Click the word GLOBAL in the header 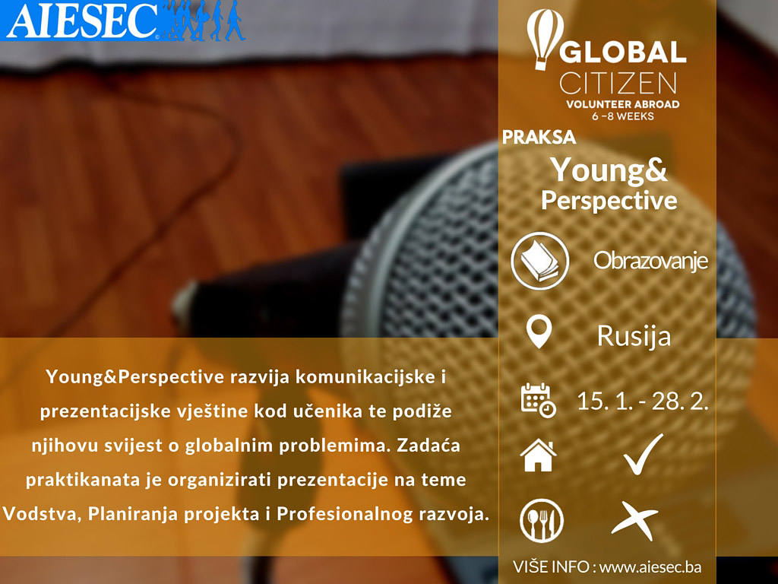coord(623,52)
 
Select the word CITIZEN coord(618,83)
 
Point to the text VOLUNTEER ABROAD coord(623,104)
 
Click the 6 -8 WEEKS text coord(623,116)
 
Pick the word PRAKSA coord(539,137)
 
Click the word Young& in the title coord(609,171)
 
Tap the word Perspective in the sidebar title coord(609,201)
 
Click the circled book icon coord(540,261)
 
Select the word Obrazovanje coord(650,262)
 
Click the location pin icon coord(539,332)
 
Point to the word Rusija coord(634,336)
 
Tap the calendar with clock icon coord(539,400)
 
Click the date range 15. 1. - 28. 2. coord(642,401)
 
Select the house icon coord(539,455)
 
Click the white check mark coord(643,455)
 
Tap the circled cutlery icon coord(541,520)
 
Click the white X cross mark coord(635,521)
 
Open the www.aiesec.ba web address coord(650,567)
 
